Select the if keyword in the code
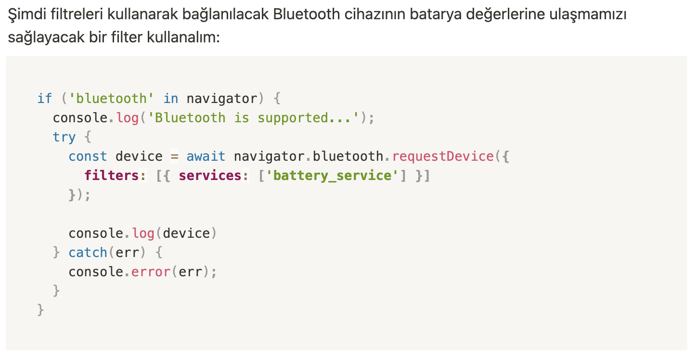[x=45, y=99]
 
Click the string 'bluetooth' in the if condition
[x=112, y=99]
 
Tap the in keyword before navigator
[x=170, y=99]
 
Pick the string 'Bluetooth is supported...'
[x=254, y=118]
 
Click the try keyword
[x=65, y=137]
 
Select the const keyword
[x=88, y=156]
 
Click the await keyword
[x=206, y=156]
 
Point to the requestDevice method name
[x=443, y=156]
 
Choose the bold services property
[x=210, y=176]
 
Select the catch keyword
[x=88, y=253]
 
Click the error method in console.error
[x=151, y=272]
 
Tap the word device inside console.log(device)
[x=186, y=233]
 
